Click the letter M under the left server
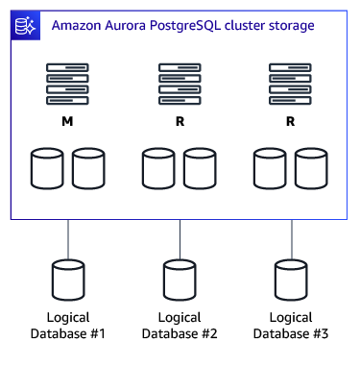coord(68,123)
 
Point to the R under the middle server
coord(180,123)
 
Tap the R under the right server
coord(291,123)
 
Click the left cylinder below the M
coord(47,167)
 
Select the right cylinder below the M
coord(88,167)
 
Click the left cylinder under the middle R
coord(158,167)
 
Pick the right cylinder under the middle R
coord(200,167)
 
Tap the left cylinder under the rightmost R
coord(270,167)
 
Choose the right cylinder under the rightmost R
coord(311,167)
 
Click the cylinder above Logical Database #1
coord(68,280)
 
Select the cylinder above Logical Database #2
coord(180,280)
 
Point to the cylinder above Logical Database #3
coord(291,280)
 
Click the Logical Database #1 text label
coord(68,326)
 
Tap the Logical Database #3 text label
coord(291,326)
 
